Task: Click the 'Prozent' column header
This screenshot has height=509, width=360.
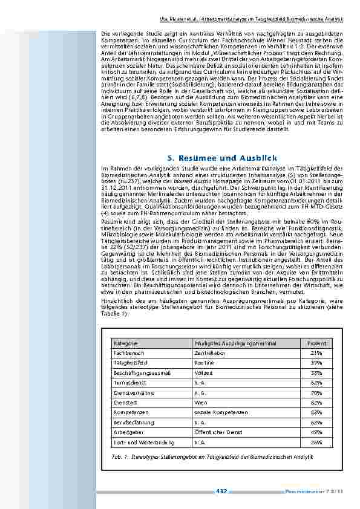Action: [x=316, y=343]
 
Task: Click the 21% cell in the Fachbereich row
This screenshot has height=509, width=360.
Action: [x=316, y=353]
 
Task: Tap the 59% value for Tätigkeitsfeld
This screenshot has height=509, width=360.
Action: [x=316, y=363]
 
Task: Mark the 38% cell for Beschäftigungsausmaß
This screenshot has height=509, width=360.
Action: [x=316, y=373]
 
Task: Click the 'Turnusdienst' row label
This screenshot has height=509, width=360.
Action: [x=129, y=383]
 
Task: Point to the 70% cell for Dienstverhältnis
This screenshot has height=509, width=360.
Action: [x=316, y=392]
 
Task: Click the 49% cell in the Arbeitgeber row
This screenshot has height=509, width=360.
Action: [x=316, y=432]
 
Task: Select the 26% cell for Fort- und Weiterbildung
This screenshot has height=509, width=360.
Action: [x=316, y=441]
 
